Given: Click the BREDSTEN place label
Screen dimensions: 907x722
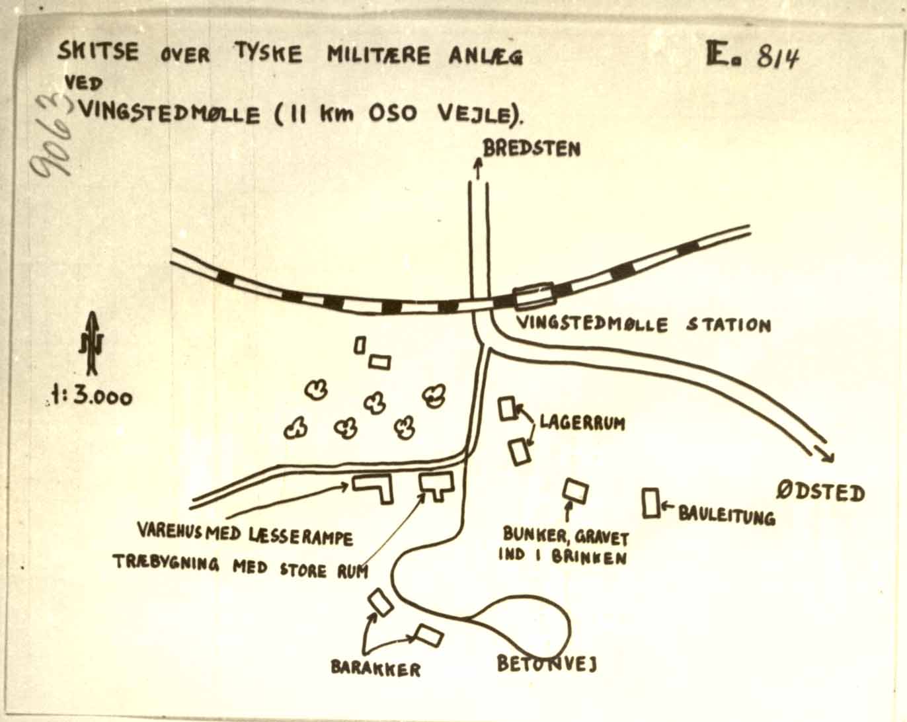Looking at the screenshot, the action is (532, 148).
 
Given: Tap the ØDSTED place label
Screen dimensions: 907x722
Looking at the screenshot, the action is (820, 493).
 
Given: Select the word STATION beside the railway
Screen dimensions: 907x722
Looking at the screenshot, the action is (729, 325).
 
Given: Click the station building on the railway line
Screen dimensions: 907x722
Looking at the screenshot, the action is (533, 294).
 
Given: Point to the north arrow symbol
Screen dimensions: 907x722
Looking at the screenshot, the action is (92, 343).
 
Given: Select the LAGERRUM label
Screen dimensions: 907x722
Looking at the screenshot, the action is (582, 422).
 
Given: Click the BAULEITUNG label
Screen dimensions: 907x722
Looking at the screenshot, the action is (727, 516).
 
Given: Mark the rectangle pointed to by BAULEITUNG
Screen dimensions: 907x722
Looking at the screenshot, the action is (651, 503).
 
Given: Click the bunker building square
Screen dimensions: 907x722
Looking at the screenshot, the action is (575, 491).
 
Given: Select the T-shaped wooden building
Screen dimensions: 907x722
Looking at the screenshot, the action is (436, 485).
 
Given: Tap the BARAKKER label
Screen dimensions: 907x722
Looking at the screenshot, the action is (375, 669).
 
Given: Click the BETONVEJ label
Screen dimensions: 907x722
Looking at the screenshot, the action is (547, 664).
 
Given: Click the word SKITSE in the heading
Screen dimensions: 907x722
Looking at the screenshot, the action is (98, 52).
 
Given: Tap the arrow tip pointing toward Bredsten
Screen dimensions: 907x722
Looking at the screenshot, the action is (478, 159).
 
